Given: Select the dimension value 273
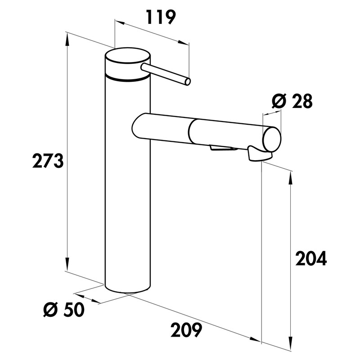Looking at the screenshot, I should point(48,160).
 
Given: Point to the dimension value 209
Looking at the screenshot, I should point(185,331).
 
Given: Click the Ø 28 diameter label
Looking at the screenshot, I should point(292,102).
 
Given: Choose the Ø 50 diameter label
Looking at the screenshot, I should point(63,310).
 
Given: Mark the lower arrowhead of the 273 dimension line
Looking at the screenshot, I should point(67,266).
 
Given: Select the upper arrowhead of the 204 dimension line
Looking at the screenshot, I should point(290,176).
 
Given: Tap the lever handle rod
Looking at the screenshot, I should point(164,73).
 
